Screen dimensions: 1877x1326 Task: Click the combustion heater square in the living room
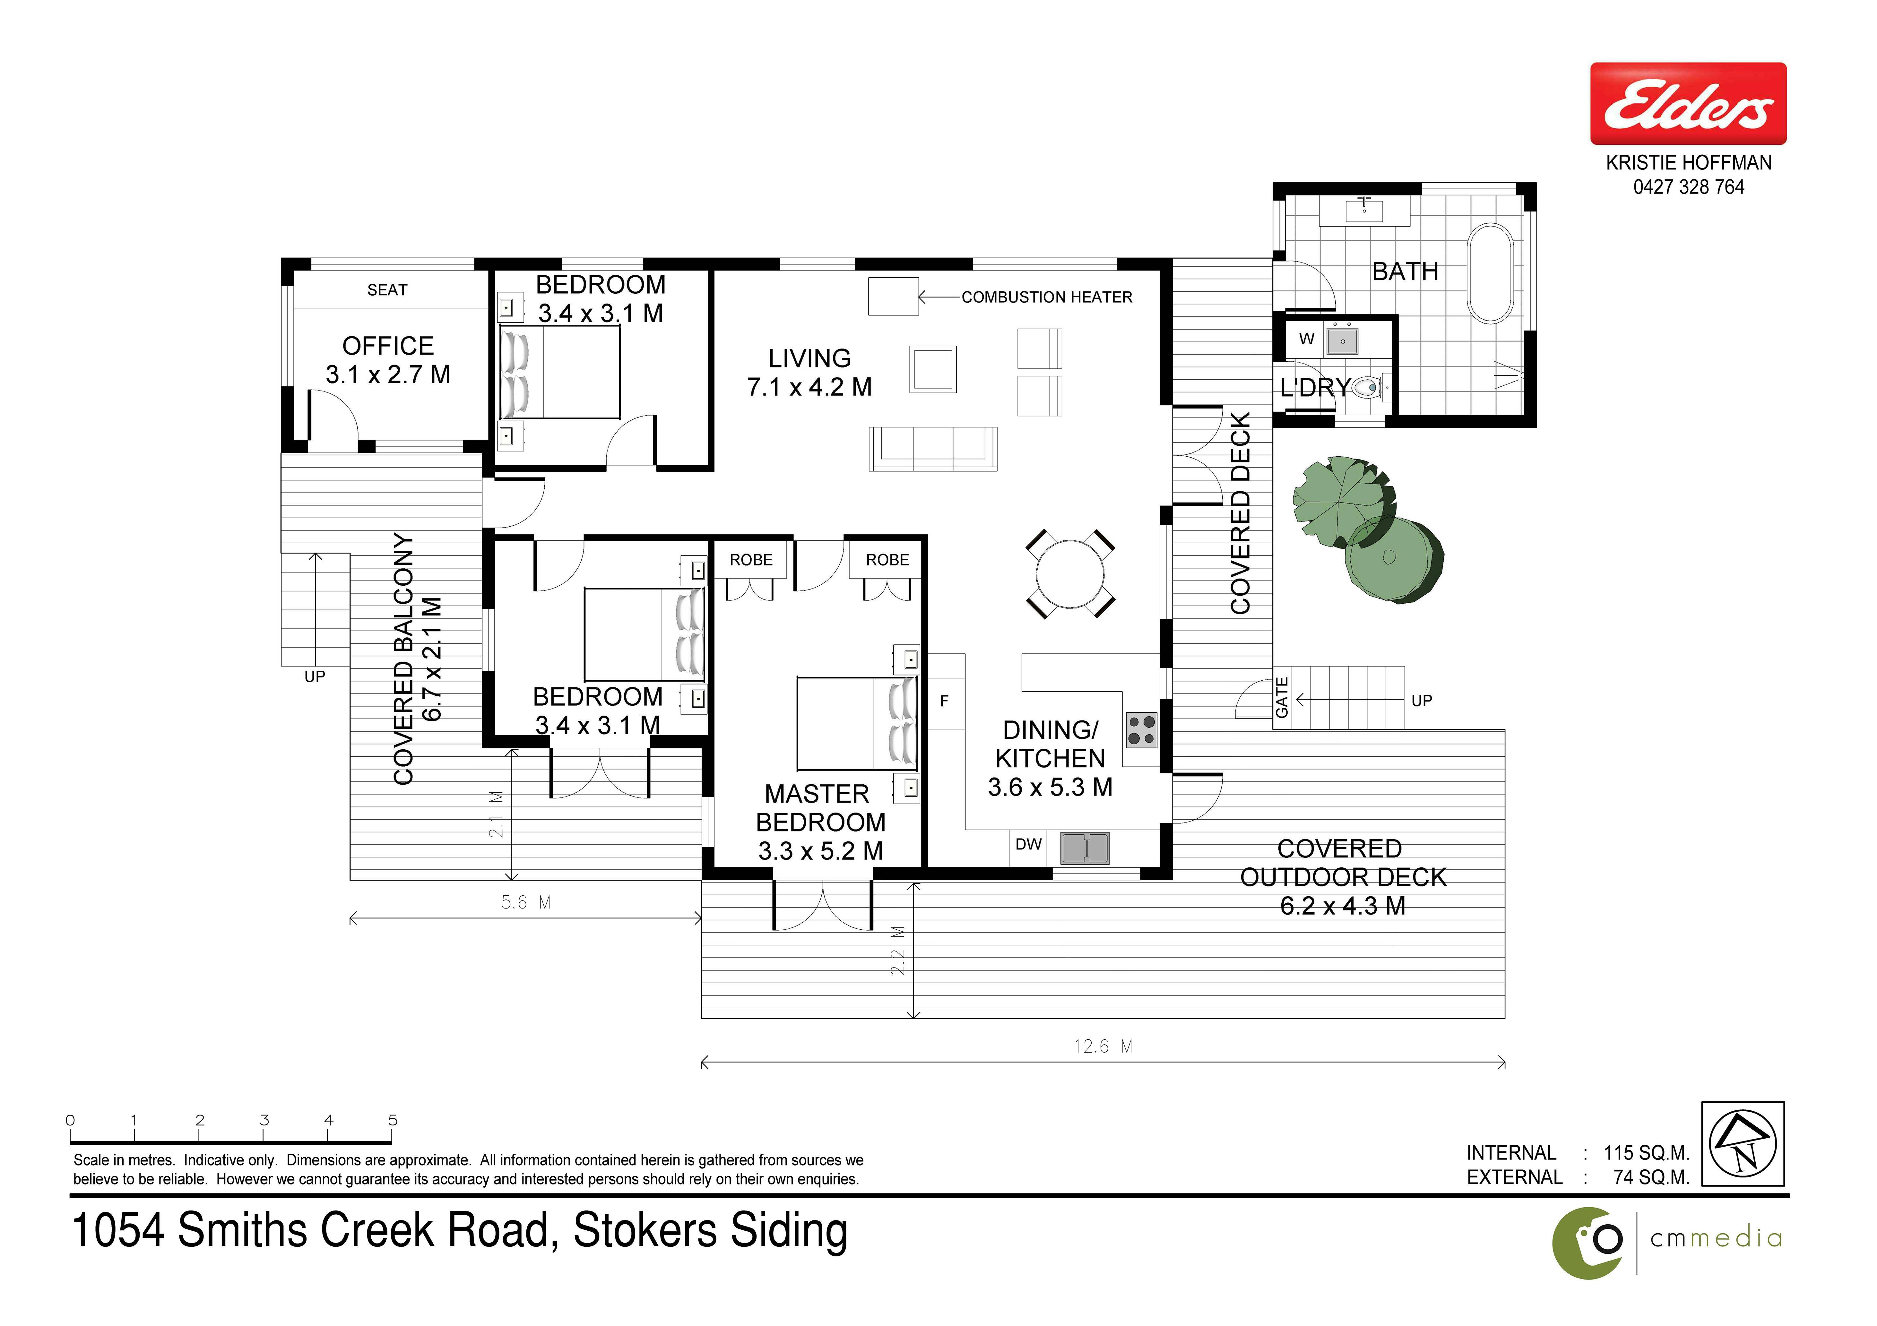(x=894, y=296)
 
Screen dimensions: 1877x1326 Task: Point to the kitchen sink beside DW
(x=1085, y=848)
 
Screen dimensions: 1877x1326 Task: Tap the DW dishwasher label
(x=1028, y=845)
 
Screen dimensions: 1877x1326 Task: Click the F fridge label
(x=944, y=701)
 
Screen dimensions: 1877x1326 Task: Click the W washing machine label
(x=1306, y=339)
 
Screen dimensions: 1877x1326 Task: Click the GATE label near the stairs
(x=1282, y=698)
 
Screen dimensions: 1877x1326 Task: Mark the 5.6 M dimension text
(x=526, y=902)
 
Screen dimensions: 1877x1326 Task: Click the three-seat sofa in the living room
(x=933, y=449)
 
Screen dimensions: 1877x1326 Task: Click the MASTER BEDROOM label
(x=819, y=808)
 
